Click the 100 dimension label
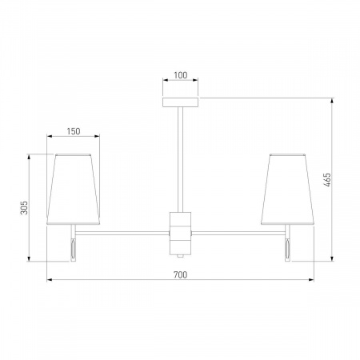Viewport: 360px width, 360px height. click(181, 75)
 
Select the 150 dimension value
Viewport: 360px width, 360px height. click(74, 131)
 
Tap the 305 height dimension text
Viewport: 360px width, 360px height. click(24, 207)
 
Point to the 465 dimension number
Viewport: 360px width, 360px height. click(328, 180)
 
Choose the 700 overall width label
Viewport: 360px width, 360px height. click(181, 274)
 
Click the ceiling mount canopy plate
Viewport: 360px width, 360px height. click(181, 102)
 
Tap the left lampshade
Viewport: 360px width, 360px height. click(73, 189)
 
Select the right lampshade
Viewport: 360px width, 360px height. click(287, 189)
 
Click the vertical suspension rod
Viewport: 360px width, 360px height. click(181, 159)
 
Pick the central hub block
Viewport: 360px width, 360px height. click(181, 234)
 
